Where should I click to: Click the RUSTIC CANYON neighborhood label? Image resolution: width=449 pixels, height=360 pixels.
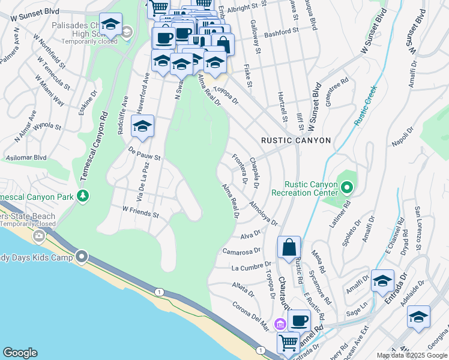tap(296, 140)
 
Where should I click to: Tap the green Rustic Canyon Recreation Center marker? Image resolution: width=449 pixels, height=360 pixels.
tap(346, 189)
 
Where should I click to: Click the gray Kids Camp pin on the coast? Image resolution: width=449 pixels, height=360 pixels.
tap(82, 257)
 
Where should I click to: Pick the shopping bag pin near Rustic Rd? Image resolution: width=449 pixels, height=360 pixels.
tap(289, 247)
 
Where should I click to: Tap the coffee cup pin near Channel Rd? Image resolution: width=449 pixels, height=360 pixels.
tap(299, 321)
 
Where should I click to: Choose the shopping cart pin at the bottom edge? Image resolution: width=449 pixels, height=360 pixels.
tap(288, 343)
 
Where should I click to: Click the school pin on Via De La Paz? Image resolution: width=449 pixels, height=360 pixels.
tap(142, 127)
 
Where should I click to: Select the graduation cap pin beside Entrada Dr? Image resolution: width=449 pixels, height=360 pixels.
tap(382, 281)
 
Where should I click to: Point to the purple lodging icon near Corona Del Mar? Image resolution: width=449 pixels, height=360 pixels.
tap(279, 325)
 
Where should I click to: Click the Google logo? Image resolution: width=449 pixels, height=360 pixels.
tap(20, 352)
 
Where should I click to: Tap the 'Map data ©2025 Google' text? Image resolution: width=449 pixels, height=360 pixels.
tap(411, 355)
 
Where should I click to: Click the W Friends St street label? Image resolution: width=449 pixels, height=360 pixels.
tap(140, 212)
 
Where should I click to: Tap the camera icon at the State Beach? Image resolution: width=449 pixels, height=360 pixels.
tap(39, 236)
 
